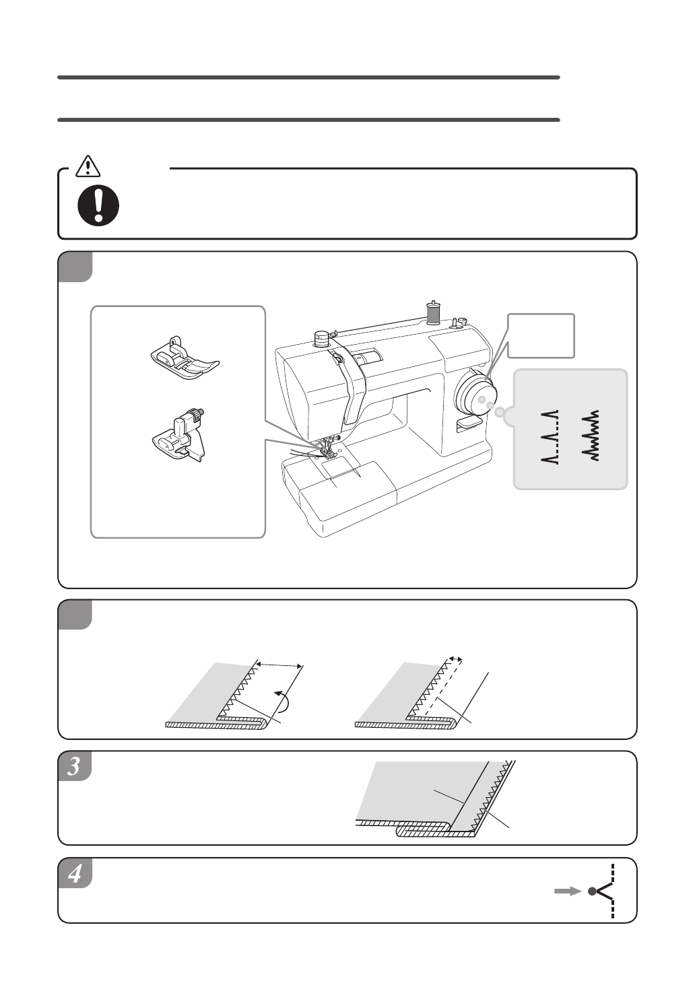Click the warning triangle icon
pos(88,166)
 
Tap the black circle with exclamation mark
pos(98,205)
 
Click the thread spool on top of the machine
pos(433,312)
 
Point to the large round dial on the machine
pos(475,391)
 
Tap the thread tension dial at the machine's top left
pos(321,337)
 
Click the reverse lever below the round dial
pos(469,424)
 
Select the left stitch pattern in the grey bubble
pos(550,436)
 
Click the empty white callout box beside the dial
pos(541,335)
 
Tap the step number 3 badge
pos(75,766)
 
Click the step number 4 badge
pos(75,873)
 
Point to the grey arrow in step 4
pos(568,891)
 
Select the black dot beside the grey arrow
pos(592,891)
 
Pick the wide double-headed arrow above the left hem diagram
pos(279,665)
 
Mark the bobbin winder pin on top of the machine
pos(455,323)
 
